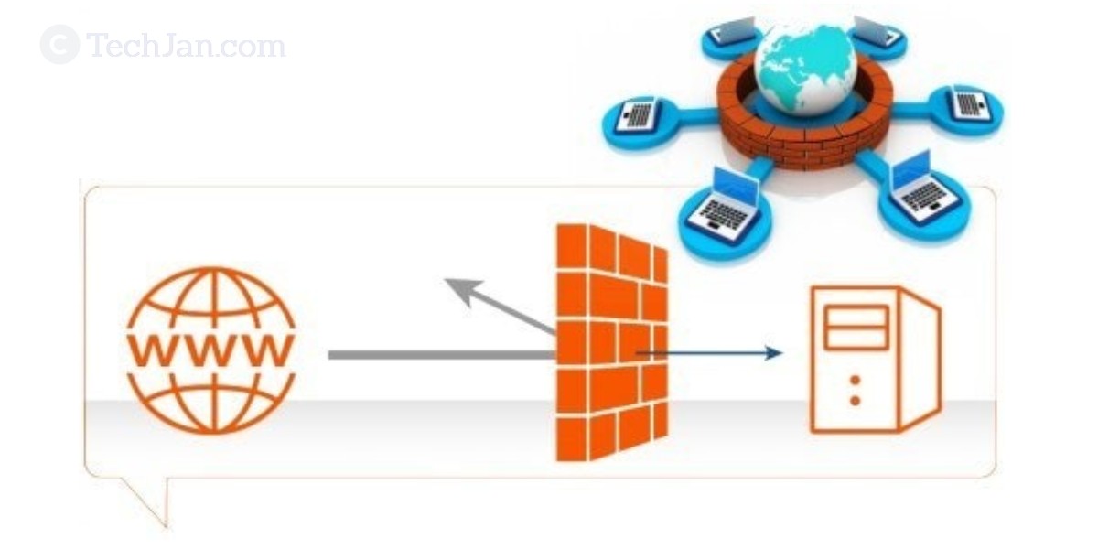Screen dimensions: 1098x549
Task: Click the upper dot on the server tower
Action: [855, 379]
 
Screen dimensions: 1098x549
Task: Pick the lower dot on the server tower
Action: [855, 400]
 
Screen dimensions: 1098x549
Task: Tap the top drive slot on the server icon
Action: [856, 316]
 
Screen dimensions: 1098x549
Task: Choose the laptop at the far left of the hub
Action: [637, 115]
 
